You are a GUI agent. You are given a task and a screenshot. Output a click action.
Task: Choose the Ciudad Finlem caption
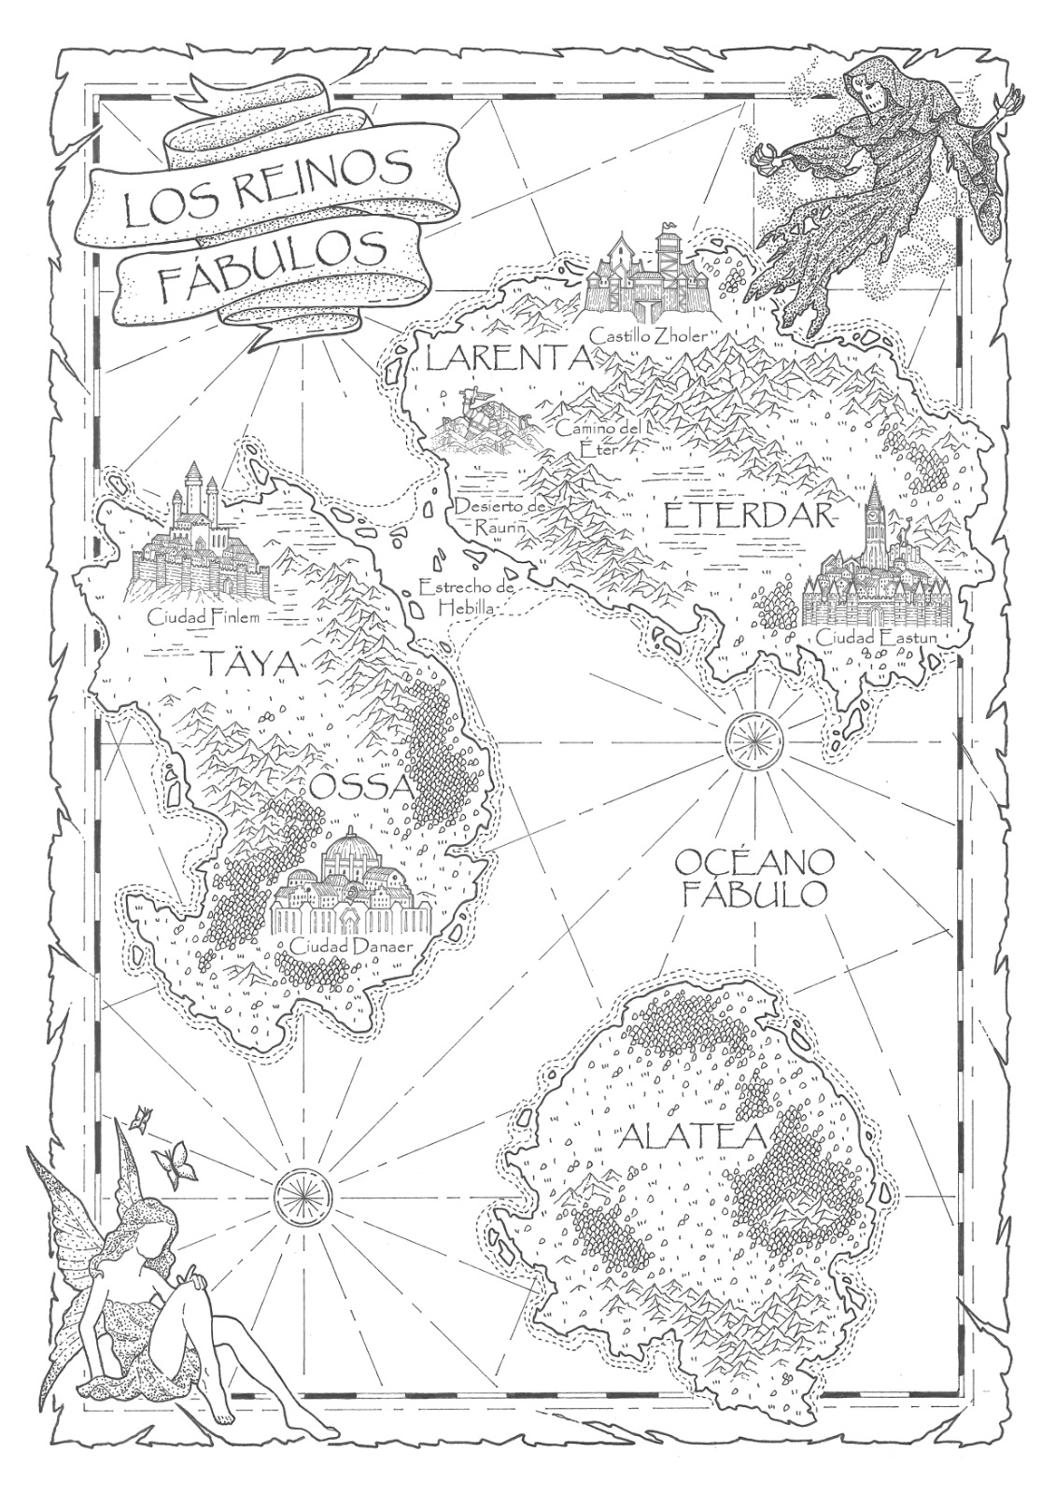[x=202, y=616]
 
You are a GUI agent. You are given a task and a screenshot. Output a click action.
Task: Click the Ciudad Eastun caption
[x=875, y=638]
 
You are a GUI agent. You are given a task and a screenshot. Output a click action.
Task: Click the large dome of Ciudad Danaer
[x=350, y=852]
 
